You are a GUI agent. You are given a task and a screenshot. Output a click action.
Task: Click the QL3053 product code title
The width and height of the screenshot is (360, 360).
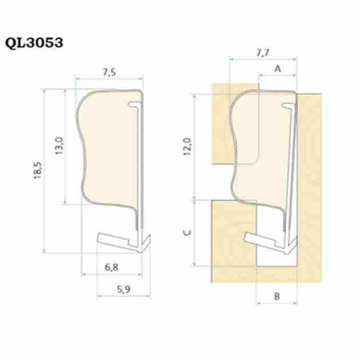click(x=34, y=43)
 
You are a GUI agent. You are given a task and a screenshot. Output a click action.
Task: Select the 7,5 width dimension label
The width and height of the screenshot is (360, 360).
click(x=109, y=72)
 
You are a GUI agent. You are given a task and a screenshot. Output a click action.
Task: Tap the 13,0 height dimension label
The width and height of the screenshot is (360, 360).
click(x=59, y=146)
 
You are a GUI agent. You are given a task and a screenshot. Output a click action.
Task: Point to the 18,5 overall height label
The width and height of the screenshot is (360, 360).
click(x=38, y=170)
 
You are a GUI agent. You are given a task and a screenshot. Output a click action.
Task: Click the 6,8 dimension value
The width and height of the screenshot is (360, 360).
click(x=111, y=267)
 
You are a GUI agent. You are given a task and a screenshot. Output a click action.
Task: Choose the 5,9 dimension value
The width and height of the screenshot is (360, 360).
click(x=124, y=289)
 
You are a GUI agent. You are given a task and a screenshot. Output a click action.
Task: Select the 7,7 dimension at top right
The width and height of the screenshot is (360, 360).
click(x=263, y=53)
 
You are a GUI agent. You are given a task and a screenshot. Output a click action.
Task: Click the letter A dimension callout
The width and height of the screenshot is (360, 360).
click(x=278, y=69)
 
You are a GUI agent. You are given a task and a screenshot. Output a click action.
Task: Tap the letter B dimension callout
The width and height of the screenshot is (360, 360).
click(x=277, y=296)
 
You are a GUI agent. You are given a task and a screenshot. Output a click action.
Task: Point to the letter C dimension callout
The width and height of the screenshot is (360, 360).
click(x=187, y=233)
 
